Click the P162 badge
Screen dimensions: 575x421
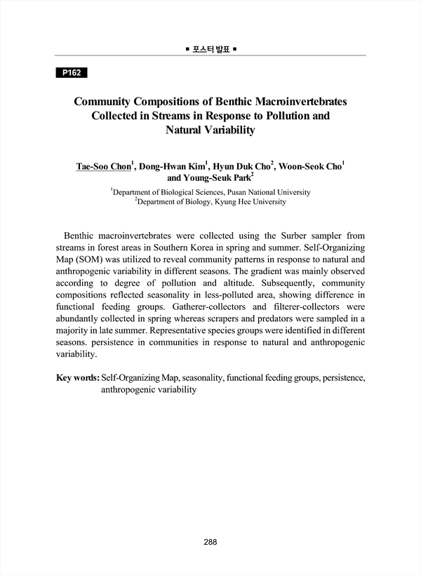point(72,73)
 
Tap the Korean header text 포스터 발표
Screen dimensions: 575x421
point(210,50)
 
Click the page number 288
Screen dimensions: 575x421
point(210,541)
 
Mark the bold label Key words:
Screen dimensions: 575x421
point(77,377)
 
